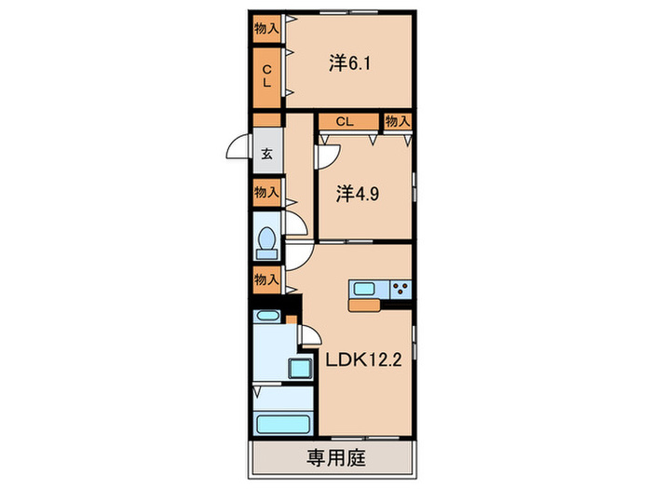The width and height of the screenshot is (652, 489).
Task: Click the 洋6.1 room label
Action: [x=349, y=63]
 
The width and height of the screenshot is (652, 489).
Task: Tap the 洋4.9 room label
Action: [x=356, y=194]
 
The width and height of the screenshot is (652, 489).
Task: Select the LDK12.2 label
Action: [x=362, y=360]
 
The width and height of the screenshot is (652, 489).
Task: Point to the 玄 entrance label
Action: [x=266, y=156]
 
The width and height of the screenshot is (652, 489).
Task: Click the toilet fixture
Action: [x=266, y=242]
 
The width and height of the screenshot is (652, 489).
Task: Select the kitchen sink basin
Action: [x=364, y=288]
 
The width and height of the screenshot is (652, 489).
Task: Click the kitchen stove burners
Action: [x=401, y=288]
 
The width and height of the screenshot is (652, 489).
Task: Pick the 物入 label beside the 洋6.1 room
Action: [x=266, y=28]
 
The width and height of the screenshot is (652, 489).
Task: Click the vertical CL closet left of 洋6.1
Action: [x=266, y=75]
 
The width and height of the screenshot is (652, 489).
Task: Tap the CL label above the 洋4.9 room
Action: [x=345, y=121]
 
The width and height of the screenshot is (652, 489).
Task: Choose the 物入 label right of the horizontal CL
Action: [x=398, y=121]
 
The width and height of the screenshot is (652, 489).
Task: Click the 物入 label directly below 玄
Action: [x=266, y=193]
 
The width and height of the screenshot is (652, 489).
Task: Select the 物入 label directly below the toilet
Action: [x=266, y=278]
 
